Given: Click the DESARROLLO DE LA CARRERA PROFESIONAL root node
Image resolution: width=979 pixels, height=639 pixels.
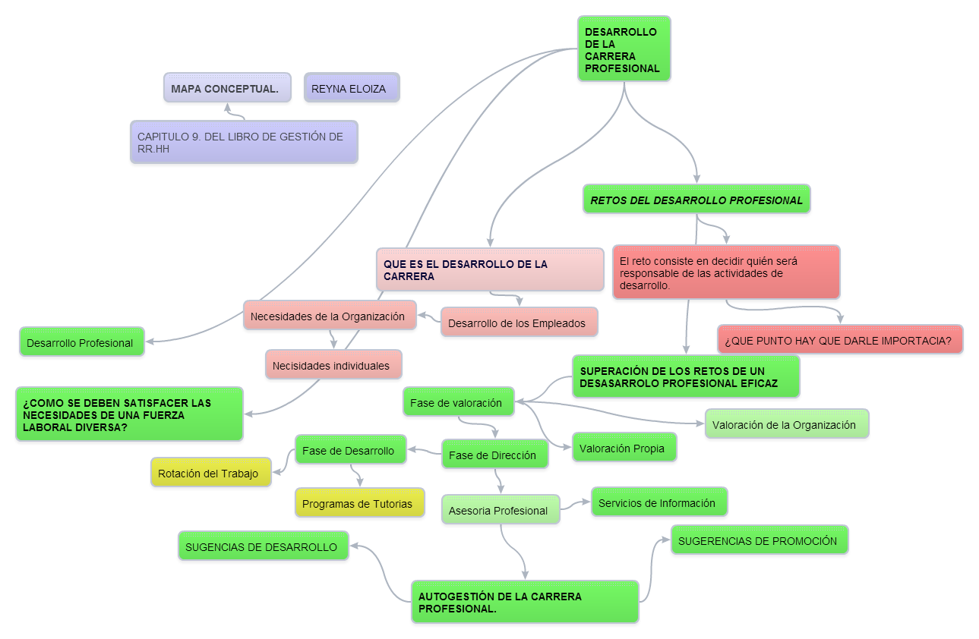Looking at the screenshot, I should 624,49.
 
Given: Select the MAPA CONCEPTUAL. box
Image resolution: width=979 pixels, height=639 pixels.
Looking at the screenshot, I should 227,88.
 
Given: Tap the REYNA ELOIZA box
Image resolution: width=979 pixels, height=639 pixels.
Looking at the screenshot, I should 351,88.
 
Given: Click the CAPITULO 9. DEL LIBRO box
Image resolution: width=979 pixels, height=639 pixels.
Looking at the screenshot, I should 243,142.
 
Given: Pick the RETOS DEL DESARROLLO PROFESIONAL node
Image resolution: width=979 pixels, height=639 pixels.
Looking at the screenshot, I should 696,200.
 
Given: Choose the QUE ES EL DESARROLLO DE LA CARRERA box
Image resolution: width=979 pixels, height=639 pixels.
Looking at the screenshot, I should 490,269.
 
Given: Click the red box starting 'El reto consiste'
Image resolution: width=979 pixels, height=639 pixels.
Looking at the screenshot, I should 725,272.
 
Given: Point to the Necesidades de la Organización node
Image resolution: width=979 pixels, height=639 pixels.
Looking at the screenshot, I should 330,316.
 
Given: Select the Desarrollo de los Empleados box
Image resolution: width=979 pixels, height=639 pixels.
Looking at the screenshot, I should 519,323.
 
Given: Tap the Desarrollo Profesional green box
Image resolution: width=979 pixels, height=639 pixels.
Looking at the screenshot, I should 81,342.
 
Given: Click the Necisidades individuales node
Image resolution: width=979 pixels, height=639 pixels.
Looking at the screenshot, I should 333,365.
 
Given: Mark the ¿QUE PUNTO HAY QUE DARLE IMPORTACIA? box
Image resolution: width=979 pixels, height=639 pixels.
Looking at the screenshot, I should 840,340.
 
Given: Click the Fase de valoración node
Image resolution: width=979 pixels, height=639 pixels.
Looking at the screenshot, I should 458,402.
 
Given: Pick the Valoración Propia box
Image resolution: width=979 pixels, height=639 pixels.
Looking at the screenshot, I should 624,448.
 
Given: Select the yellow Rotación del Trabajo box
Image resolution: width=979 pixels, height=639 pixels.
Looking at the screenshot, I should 210,473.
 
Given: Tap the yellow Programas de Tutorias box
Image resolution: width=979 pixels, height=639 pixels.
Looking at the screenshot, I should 359,503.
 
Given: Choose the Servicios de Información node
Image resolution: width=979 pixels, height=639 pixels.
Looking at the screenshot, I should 658,502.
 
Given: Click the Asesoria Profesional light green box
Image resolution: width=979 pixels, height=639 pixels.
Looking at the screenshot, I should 500,510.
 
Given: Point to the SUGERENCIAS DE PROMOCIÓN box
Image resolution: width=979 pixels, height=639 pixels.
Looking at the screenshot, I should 759,540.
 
